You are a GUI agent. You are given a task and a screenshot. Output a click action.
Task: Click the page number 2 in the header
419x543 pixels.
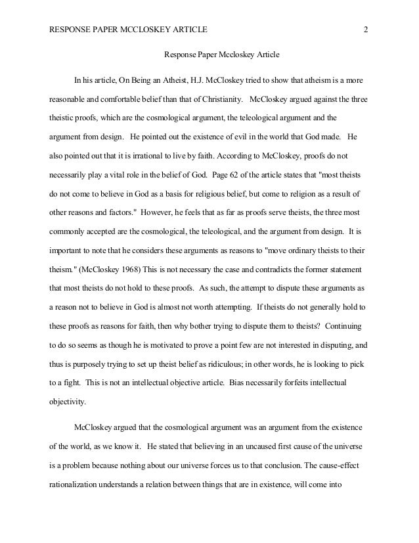pyautogui.click(x=364, y=30)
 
